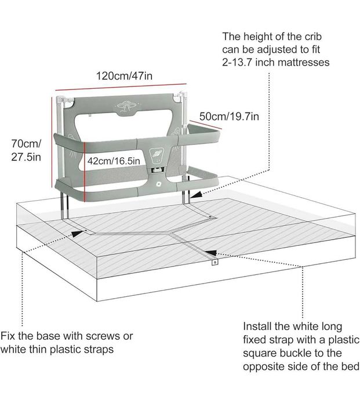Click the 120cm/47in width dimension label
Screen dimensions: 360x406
point(124,76)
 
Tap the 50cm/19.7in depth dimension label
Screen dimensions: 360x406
point(229,116)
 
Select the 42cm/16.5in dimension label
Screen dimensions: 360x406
point(114,161)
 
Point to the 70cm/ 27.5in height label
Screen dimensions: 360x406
point(26,150)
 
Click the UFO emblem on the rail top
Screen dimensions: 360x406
point(126,106)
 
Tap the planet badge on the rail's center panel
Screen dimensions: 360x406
point(157,155)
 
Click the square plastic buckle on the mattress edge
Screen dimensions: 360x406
point(214,262)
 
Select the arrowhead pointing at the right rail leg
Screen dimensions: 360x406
point(196,194)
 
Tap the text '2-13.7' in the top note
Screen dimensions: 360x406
point(237,63)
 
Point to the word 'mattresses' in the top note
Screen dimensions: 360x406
point(304,63)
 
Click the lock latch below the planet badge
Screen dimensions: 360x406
point(158,170)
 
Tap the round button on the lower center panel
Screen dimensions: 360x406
point(158,184)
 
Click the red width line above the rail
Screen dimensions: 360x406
point(121,87)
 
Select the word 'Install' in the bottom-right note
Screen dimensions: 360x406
point(257,326)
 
